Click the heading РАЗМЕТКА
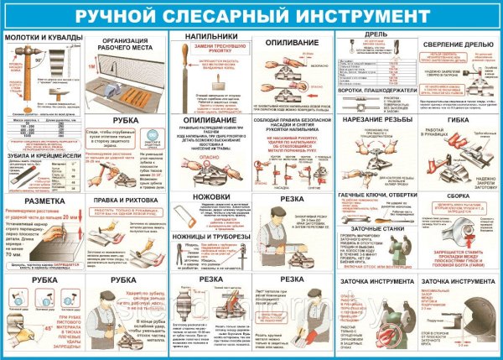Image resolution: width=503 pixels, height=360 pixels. [x=33, y=202]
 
